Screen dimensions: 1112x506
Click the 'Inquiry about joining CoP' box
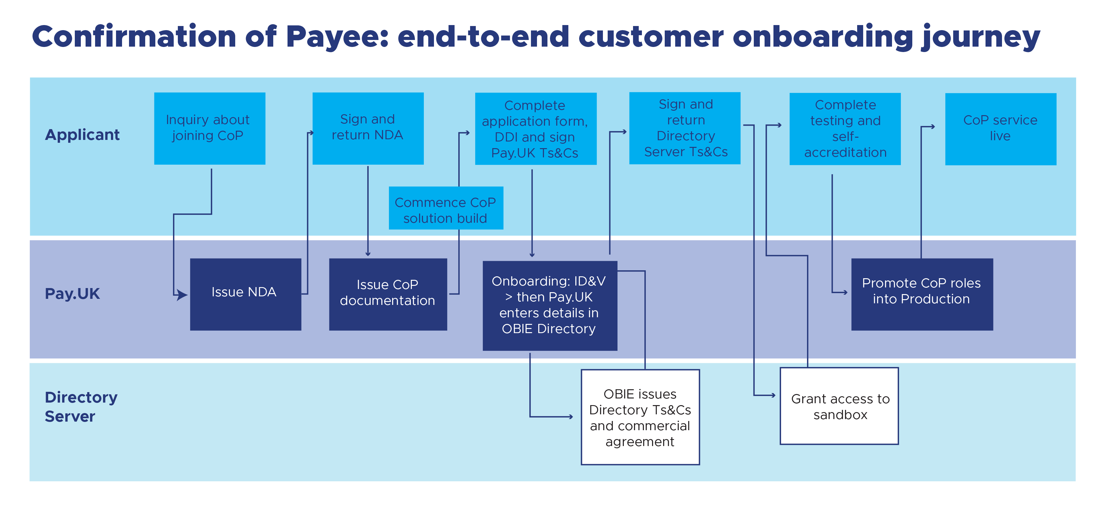[210, 128]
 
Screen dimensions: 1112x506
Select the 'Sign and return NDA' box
[368, 128]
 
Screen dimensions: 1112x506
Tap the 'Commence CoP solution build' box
[446, 208]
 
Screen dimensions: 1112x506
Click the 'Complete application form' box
[536, 129]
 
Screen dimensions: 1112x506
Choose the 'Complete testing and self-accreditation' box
[845, 129]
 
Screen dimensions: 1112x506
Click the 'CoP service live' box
[1001, 129]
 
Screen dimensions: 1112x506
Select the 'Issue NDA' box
[246, 294]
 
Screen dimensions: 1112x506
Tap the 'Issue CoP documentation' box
[388, 294]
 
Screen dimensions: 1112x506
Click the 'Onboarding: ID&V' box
[550, 306]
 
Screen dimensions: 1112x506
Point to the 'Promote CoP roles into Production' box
[922, 294]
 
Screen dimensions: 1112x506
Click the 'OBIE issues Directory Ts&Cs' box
[640, 417]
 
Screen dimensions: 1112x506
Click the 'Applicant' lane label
[82, 135]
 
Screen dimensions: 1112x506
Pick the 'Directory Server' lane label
[81, 407]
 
